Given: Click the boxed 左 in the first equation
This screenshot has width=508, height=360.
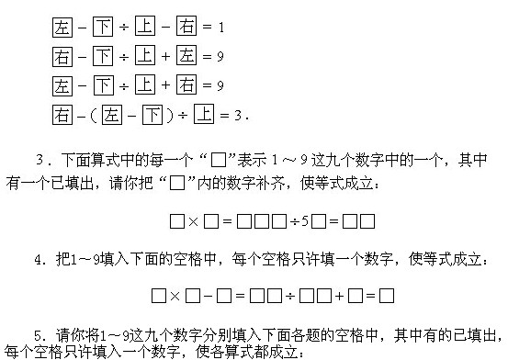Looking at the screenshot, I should click(61, 28).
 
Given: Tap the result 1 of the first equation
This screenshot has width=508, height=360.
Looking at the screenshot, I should click(220, 28).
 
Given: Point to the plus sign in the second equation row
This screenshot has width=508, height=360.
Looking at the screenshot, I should click(166, 58).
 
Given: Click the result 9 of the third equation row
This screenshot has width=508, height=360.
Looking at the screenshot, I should click(220, 87).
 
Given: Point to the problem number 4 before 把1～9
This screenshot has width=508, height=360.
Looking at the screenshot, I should click(40, 260).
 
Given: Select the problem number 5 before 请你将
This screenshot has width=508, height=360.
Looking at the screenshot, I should click(40, 334).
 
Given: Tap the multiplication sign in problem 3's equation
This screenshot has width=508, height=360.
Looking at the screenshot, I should click(194, 221).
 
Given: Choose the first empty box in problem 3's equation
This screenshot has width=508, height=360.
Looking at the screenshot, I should click(176, 221).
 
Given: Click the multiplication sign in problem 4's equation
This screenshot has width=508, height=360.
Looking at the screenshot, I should click(174, 296).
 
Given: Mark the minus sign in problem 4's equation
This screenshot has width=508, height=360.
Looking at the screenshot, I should click(209, 296).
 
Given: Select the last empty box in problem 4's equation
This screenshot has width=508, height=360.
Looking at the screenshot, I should click(387, 296).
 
